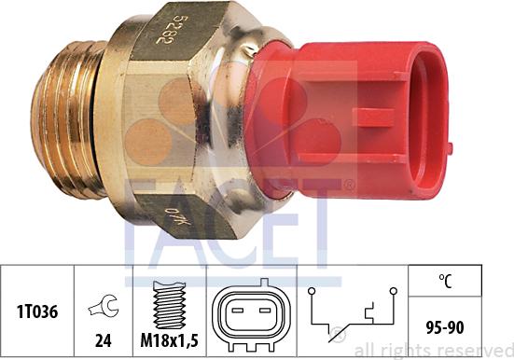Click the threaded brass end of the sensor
(65, 121)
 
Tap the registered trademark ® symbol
(348, 186)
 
